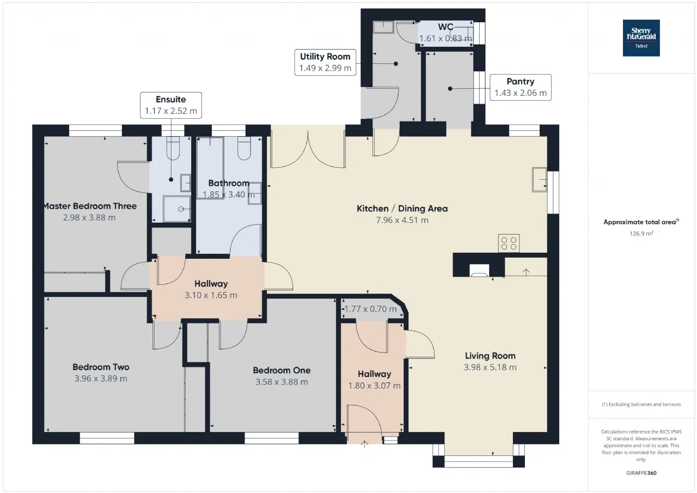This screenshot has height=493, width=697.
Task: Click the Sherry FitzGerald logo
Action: click(641, 38)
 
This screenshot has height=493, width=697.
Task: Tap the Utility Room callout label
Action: click(325, 62)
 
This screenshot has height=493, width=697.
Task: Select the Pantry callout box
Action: click(521, 87)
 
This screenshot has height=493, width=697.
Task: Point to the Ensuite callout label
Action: click(171, 105)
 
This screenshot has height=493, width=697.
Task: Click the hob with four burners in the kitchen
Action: click(509, 243)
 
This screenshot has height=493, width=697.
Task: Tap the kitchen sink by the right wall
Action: click(540, 180)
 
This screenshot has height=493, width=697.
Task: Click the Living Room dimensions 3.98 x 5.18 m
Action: click(490, 367)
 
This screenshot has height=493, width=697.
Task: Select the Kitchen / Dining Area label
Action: click(402, 209)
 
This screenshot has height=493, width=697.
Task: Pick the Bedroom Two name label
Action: click(101, 367)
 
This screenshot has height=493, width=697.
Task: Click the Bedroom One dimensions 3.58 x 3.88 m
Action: click(282, 382)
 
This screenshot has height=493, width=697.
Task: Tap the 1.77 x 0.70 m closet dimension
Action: click(370, 309)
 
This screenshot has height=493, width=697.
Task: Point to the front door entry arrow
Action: click(364, 444)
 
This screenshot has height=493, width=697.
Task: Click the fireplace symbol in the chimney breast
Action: click(480, 270)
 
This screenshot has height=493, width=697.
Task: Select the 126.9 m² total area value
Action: click(641, 234)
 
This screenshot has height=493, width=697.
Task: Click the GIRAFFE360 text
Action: click(641, 473)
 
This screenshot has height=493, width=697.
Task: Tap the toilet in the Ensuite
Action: click(173, 148)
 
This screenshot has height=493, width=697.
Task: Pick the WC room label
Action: click(445, 27)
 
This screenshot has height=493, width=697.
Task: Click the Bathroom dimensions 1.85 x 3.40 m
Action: click(229, 195)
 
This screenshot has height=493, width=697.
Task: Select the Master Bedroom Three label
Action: click(90, 206)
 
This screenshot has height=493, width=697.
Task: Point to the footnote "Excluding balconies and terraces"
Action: click(644, 404)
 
